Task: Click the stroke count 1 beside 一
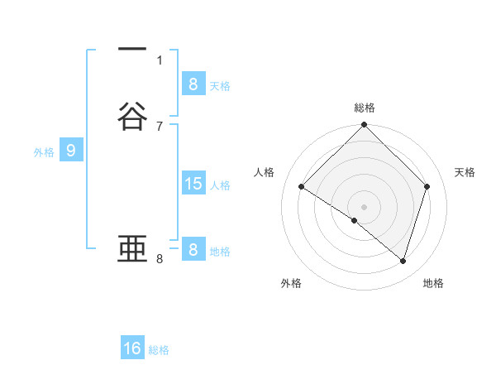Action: pyautogui.click(x=160, y=60)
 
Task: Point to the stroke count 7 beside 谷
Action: pyautogui.click(x=160, y=126)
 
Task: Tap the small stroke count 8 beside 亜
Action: pyautogui.click(x=160, y=259)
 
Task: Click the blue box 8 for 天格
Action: pyautogui.click(x=193, y=84)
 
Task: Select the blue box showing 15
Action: pyautogui.click(x=193, y=184)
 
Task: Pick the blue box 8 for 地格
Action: pyautogui.click(x=193, y=250)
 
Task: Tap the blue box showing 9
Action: pyautogui.click(x=71, y=151)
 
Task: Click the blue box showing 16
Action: pyautogui.click(x=132, y=348)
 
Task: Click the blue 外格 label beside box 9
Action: pyautogui.click(x=44, y=152)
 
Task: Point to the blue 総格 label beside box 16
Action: pyautogui.click(x=159, y=350)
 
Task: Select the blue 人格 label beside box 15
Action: pyautogui.click(x=221, y=185)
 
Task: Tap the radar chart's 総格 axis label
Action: pyautogui.click(x=365, y=108)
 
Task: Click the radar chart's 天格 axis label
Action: pyautogui.click(x=465, y=172)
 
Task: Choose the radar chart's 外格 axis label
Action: pyautogui.click(x=291, y=283)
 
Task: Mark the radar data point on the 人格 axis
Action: pyautogui.click(x=302, y=187)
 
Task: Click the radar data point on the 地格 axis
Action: pyautogui.click(x=403, y=261)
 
